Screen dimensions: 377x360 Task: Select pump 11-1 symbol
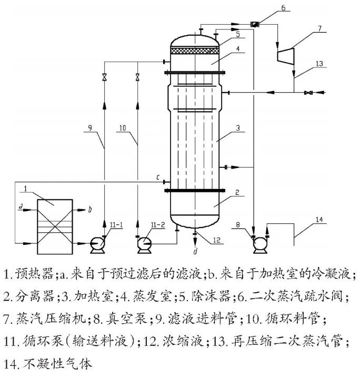click(x=97, y=243)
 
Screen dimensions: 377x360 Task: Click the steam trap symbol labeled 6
click(x=254, y=23)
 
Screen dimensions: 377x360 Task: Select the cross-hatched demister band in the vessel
click(x=195, y=50)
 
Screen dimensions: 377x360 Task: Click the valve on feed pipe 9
click(x=104, y=77)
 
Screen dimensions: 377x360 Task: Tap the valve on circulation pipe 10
click(x=137, y=77)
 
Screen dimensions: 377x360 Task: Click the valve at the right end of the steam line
click(x=308, y=93)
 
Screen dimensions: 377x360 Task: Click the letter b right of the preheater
click(x=90, y=210)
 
